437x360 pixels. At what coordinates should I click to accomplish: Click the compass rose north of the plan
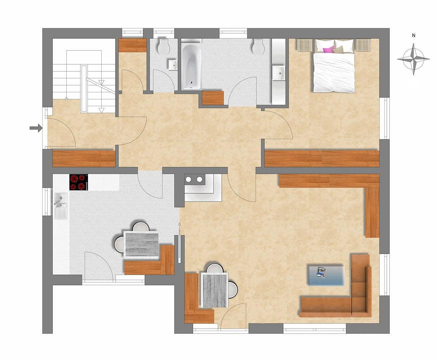(x=413, y=59)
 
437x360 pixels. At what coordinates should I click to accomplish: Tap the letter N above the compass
(x=414, y=36)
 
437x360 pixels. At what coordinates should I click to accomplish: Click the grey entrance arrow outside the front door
(x=36, y=128)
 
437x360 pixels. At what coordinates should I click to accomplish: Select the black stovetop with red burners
(x=79, y=182)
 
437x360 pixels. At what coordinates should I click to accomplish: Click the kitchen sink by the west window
(x=61, y=206)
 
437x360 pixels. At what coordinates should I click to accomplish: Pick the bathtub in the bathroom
(x=191, y=67)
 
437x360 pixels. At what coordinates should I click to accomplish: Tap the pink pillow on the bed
(x=328, y=50)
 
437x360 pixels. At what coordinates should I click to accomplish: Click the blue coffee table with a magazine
(x=326, y=276)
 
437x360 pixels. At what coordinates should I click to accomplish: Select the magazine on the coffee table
(x=321, y=272)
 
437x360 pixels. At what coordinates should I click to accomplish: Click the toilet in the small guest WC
(x=164, y=46)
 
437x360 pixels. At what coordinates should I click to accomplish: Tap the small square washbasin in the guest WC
(x=173, y=65)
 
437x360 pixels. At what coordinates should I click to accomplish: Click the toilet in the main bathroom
(x=258, y=47)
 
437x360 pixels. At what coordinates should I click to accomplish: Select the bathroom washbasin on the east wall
(x=279, y=73)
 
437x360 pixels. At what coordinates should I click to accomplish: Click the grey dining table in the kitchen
(x=141, y=244)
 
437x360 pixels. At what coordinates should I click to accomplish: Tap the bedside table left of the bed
(x=305, y=45)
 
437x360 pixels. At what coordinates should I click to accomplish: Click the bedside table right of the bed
(x=363, y=45)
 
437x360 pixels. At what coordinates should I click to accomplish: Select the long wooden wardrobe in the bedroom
(x=322, y=159)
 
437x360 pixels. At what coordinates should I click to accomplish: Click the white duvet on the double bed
(x=334, y=73)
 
